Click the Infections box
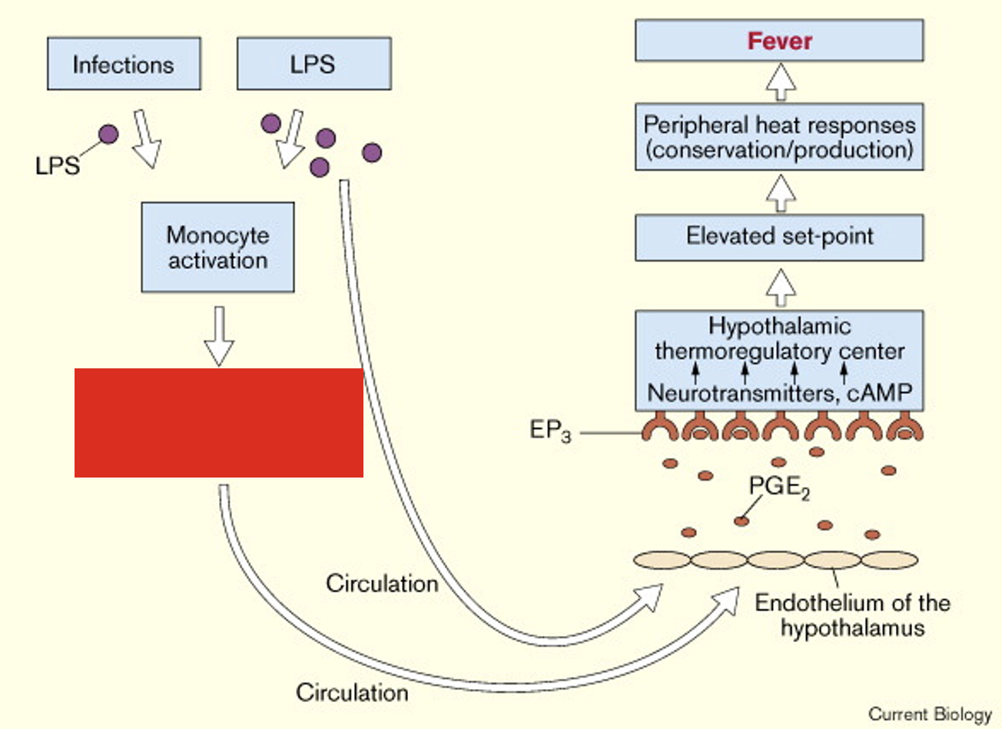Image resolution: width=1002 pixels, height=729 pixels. click(124, 64)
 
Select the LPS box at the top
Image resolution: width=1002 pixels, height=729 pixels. click(314, 64)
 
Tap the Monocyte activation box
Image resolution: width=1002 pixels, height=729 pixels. click(218, 247)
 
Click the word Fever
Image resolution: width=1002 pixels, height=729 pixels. click(780, 42)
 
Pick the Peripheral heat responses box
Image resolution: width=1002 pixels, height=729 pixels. click(779, 137)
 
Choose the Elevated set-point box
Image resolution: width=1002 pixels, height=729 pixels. click(779, 238)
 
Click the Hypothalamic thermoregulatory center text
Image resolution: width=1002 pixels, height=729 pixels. click(780, 338)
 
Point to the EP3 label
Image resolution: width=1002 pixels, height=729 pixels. click(550, 431)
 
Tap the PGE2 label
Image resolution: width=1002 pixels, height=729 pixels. click(779, 488)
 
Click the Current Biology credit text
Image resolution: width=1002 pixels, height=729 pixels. click(930, 714)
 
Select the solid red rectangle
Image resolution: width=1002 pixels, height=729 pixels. click(219, 423)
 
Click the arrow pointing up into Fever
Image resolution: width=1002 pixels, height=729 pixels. click(781, 82)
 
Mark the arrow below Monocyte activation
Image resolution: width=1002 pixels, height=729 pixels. click(219, 336)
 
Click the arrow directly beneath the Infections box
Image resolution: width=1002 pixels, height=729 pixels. click(146, 139)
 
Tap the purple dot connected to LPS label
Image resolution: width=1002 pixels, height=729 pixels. click(108, 134)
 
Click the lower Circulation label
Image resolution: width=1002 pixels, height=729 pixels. click(352, 692)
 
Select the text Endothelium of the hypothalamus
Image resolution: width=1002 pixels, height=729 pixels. click(853, 615)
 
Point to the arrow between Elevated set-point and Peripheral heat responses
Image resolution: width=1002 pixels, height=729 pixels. click(781, 193)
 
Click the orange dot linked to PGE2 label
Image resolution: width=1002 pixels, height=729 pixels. click(742, 521)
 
